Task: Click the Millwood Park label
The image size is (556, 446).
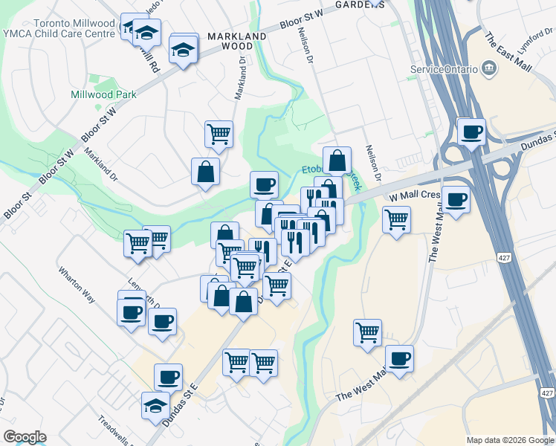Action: [104, 94]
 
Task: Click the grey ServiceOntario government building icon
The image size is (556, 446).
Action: [489, 69]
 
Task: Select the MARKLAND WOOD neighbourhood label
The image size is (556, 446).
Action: [237, 41]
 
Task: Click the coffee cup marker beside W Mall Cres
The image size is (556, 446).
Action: [456, 200]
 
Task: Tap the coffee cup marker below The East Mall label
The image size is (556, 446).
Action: [471, 133]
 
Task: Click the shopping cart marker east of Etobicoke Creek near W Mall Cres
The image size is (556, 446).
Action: [397, 219]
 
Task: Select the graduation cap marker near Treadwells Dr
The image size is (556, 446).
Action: [155, 406]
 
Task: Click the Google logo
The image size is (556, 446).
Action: [25, 437]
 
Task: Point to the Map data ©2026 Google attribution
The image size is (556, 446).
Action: [510, 440]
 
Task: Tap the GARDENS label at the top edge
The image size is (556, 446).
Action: [360, 4]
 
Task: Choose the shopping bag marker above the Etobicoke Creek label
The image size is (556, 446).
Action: [337, 161]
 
